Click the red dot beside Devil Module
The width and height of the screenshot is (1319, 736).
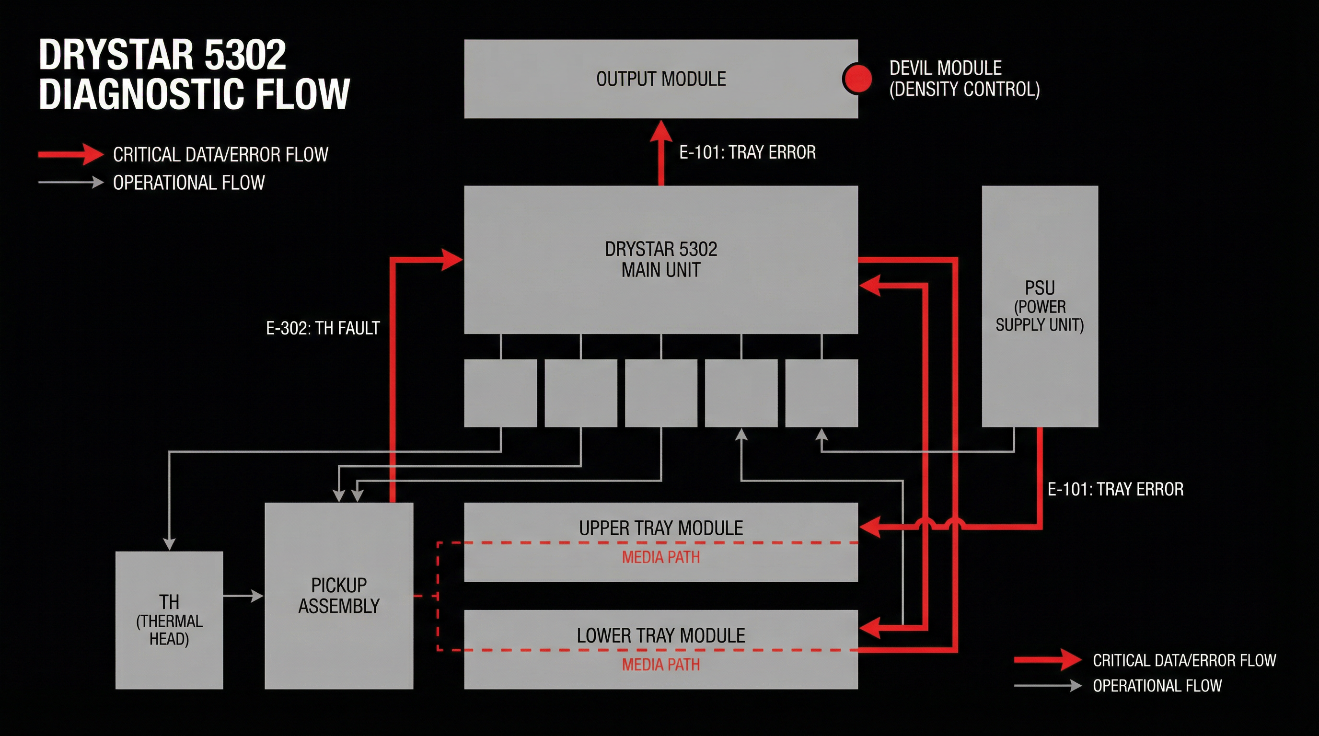857,79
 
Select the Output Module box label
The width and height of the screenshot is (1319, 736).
660,79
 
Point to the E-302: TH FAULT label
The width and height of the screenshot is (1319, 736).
323,328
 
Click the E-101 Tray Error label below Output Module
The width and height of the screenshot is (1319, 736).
747,152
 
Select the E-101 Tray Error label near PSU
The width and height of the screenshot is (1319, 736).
1115,489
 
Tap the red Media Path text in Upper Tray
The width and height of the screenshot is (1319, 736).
660,557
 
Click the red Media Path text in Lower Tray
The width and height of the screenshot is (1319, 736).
660,664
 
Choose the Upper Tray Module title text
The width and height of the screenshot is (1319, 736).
660,528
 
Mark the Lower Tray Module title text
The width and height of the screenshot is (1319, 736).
660,635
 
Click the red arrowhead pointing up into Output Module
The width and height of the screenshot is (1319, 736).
661,132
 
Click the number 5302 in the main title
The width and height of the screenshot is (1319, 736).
245,55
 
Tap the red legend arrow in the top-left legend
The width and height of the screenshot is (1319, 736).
72,155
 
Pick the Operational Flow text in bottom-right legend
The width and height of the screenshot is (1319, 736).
1157,686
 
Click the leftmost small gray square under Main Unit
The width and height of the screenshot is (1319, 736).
500,393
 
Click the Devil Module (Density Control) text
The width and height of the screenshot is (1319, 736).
964,78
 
